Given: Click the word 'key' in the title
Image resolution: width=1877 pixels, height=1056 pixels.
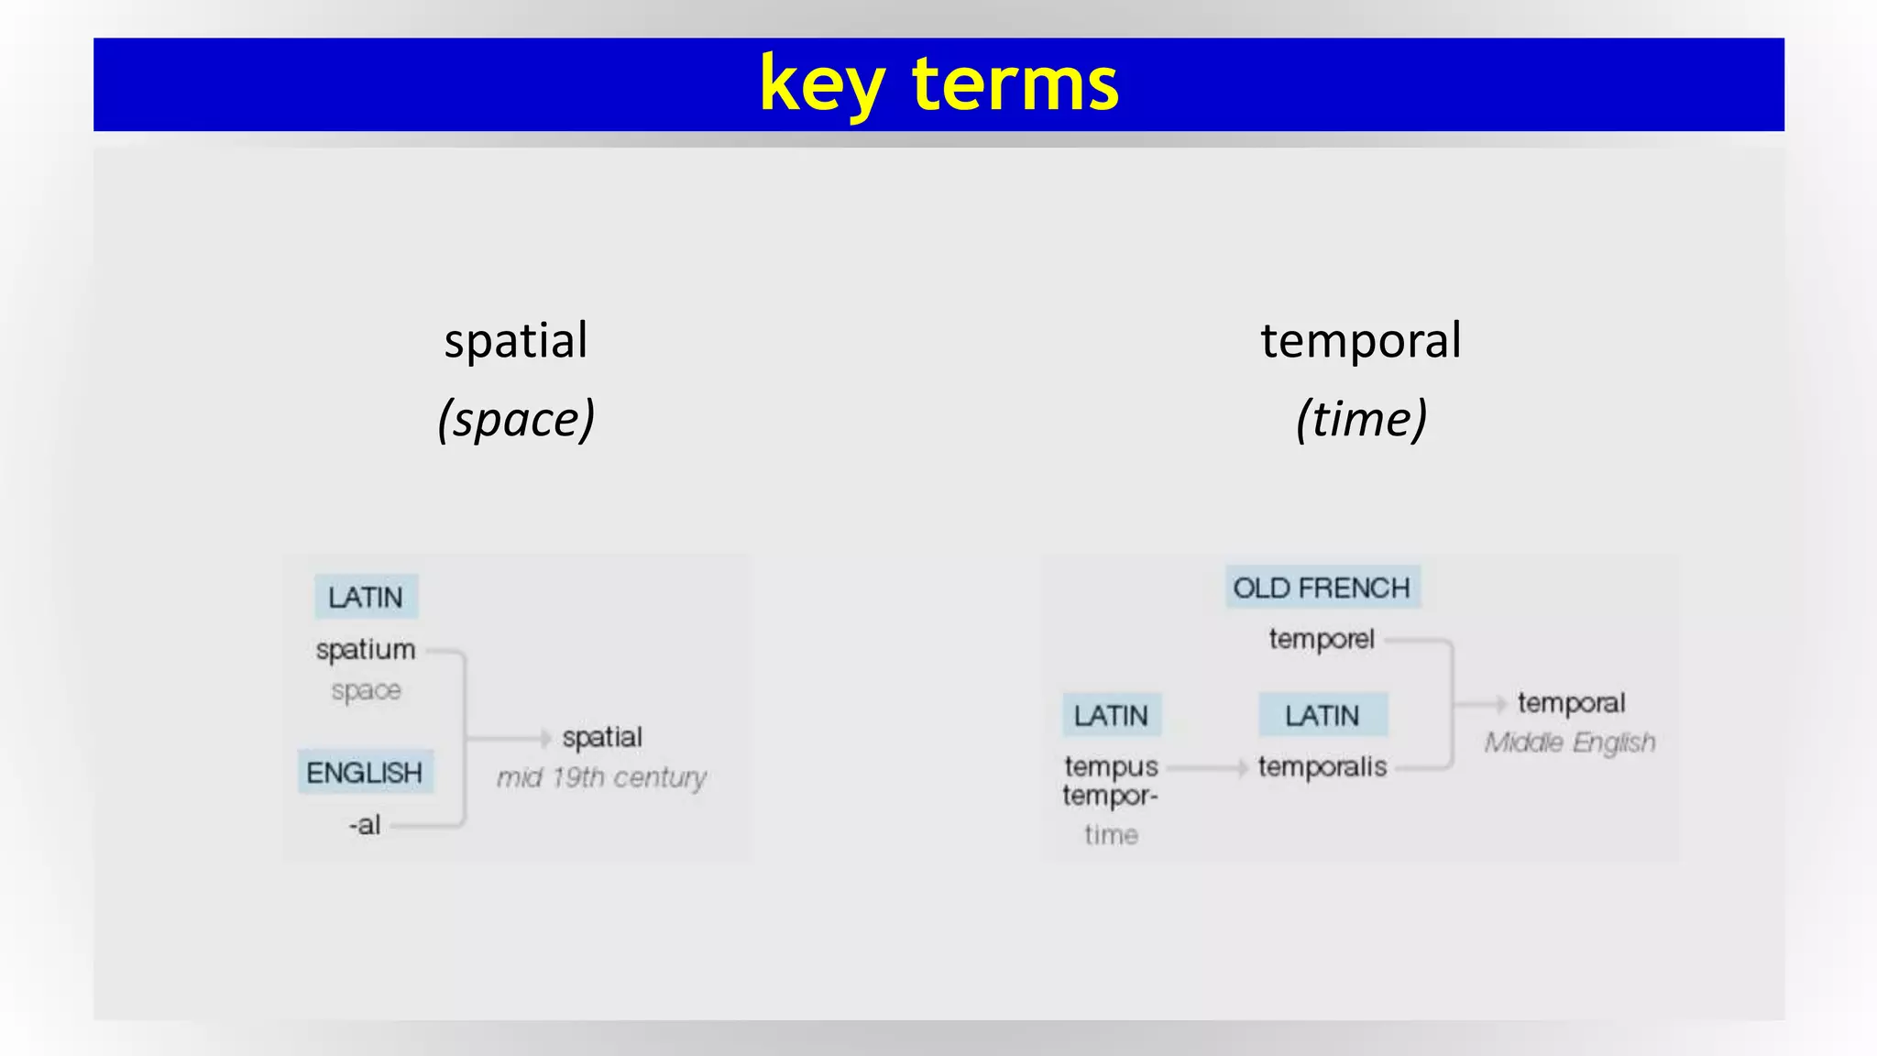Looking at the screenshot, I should [821, 85].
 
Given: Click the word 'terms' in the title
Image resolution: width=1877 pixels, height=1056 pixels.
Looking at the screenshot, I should [1015, 85].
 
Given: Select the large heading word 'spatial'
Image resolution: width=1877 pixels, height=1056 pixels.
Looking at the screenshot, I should [516, 341].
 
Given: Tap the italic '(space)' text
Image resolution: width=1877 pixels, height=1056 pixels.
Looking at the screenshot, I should [516, 420].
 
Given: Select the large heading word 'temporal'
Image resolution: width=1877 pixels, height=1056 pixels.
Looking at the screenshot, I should [1361, 341].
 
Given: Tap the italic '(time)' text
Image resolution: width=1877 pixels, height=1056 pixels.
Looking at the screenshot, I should [1361, 420].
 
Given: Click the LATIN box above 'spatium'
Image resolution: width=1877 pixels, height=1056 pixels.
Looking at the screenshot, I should [366, 597].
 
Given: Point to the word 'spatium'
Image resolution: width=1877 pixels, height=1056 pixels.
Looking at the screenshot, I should [366, 649].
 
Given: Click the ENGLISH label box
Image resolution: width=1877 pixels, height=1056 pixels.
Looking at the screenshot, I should [365, 772].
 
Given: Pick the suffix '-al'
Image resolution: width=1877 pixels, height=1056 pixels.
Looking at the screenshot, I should [365, 825].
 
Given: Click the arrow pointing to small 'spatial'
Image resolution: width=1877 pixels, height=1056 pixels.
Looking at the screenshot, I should [543, 738].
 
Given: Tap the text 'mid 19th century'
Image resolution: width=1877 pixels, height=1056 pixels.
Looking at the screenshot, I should [601, 777].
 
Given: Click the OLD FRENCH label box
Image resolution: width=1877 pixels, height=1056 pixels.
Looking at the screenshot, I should [1322, 588].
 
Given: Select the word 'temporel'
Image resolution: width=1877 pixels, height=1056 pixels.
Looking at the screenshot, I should [1322, 639].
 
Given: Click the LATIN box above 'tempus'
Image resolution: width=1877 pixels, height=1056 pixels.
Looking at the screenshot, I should [1111, 715].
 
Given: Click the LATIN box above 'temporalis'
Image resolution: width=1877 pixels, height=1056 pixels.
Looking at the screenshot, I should [1322, 715].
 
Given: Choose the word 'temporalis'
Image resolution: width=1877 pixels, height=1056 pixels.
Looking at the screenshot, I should [1322, 766].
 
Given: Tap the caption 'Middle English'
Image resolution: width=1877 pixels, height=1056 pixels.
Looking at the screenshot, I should [1570, 742].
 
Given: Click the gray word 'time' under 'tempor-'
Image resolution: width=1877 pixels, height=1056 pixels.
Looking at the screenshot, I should [1111, 835].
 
